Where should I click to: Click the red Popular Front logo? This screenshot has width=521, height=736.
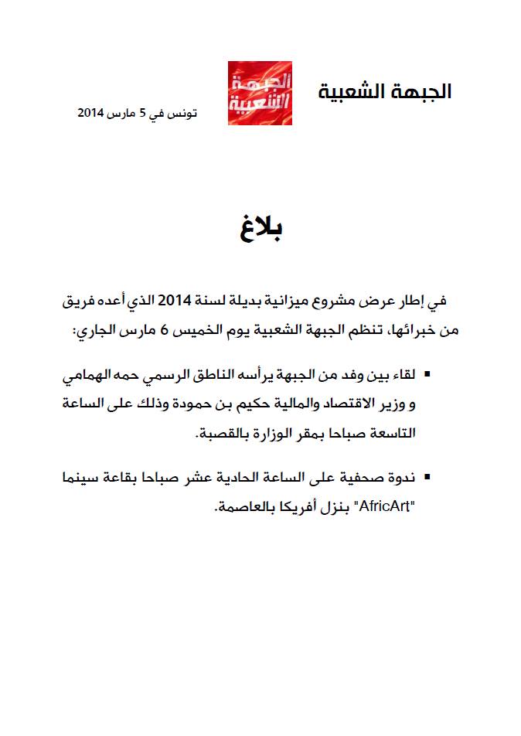[259, 93]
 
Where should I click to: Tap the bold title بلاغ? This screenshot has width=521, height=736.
[260, 230]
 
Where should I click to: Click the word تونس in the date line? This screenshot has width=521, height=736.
[184, 113]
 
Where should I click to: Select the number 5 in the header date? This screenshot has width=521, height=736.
[142, 113]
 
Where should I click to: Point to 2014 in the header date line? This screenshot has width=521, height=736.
[91, 113]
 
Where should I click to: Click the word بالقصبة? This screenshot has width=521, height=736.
[217, 434]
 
